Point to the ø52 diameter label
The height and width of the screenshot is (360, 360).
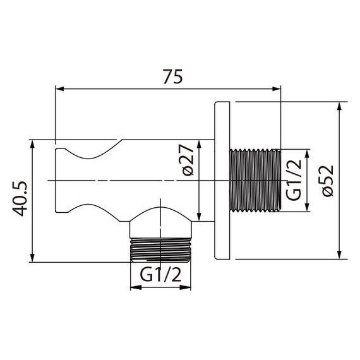(327, 181)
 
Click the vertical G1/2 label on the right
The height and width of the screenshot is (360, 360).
(293, 181)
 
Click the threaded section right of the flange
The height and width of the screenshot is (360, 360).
(255, 181)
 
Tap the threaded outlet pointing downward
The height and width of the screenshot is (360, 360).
(160, 249)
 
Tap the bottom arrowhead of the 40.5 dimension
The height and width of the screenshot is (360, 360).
(32, 257)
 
